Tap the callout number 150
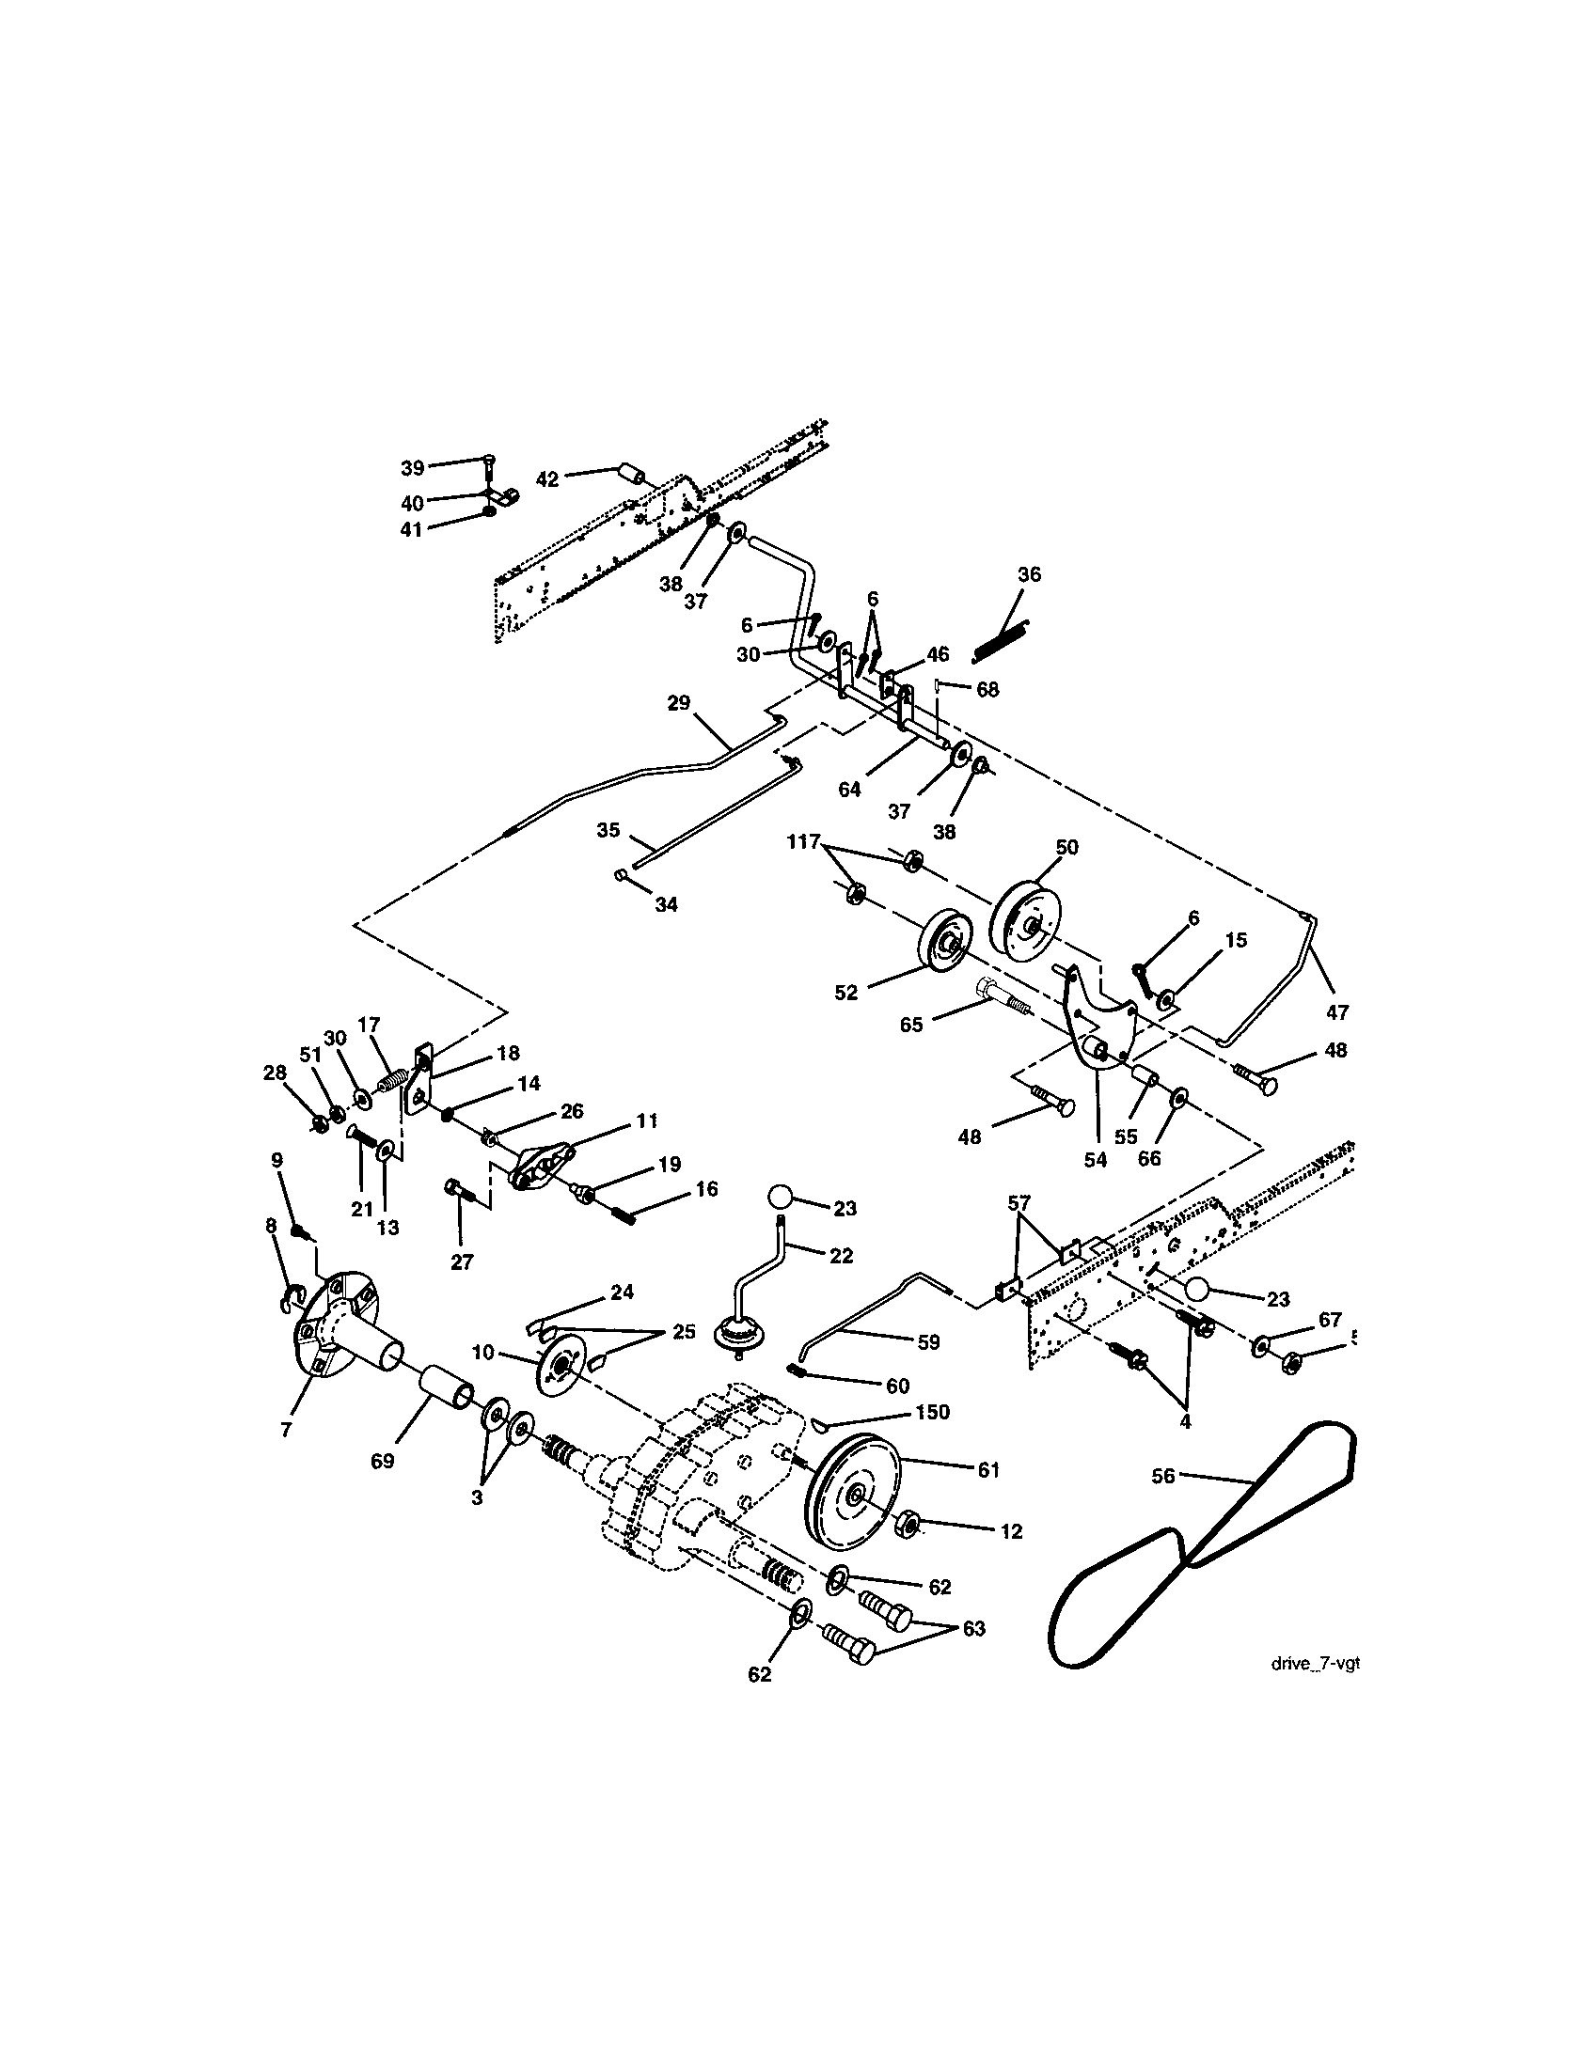click(x=933, y=1438)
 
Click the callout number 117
click(x=803, y=841)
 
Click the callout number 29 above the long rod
click(x=679, y=703)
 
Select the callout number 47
click(x=1336, y=1012)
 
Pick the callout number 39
click(x=413, y=468)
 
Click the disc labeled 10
click(x=559, y=1365)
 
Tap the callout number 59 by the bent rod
click(x=929, y=1341)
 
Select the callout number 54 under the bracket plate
click(x=1095, y=1160)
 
